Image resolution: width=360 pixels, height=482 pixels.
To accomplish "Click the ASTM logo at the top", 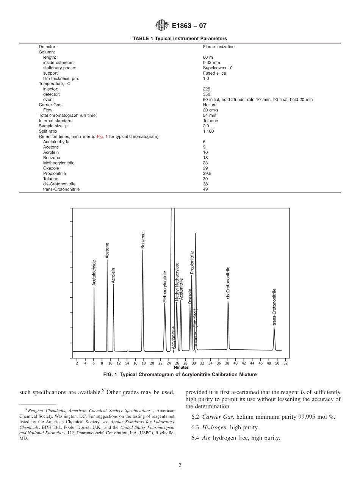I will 162,26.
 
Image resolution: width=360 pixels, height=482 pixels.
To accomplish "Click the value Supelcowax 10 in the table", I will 218,68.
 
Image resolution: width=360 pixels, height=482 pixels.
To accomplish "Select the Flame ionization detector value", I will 219,47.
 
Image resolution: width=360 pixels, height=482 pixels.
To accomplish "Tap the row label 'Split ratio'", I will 48,131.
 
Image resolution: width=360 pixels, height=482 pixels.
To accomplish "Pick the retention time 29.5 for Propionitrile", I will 207,173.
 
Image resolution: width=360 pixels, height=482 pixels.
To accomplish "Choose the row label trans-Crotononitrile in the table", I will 61,189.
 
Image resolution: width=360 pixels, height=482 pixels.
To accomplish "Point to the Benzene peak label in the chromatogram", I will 143,240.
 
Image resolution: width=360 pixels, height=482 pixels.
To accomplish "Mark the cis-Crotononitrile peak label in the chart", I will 228,283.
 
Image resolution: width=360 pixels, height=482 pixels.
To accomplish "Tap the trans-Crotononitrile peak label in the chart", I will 274,307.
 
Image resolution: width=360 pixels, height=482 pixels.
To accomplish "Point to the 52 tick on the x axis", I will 285,363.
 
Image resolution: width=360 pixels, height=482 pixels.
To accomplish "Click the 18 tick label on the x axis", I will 144,363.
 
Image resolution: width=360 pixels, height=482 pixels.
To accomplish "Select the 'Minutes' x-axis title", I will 181,368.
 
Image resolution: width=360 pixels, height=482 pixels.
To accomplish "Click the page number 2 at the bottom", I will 180,466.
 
